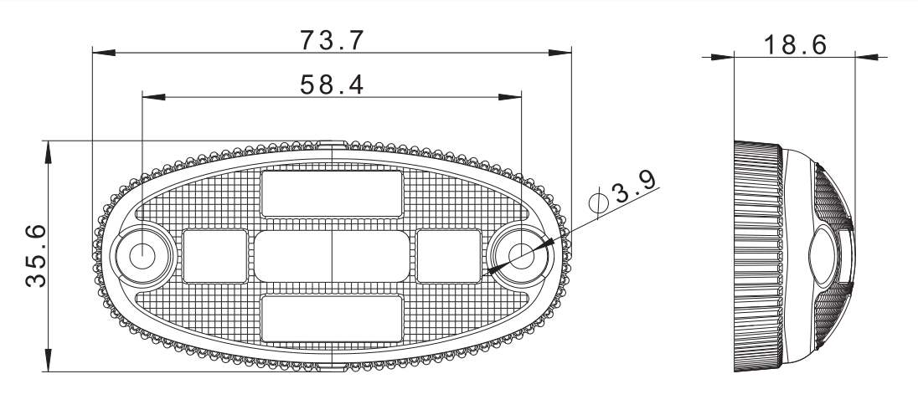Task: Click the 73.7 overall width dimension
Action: [x=332, y=40]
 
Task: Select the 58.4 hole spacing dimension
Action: [x=332, y=85]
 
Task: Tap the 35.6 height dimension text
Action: [x=36, y=256]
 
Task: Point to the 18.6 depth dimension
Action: [x=795, y=45]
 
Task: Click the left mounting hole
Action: [x=142, y=256]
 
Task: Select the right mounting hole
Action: [x=521, y=256]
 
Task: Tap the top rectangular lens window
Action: [x=332, y=193]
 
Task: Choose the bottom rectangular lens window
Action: [x=332, y=318]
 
